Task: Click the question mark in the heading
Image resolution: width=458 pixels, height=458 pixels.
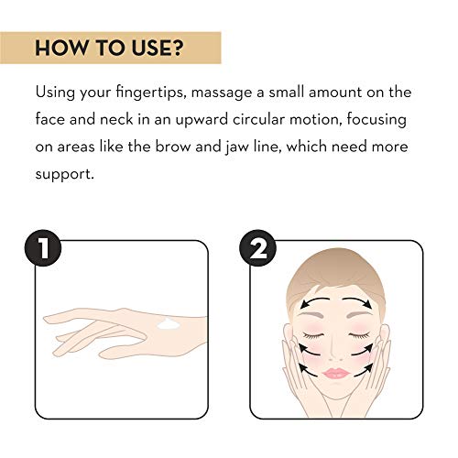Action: [x=177, y=48]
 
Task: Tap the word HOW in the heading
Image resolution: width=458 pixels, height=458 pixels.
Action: [x=61, y=48]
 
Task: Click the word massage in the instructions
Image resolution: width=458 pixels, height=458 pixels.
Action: [x=222, y=93]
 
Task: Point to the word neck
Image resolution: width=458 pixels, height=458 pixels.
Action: [x=116, y=119]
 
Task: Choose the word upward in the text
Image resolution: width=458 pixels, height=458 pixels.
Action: [x=202, y=120]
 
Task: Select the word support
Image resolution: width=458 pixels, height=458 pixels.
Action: [x=64, y=175]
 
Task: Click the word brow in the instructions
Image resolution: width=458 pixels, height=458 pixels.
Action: [x=172, y=147]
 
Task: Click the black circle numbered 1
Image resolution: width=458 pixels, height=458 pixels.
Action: [x=43, y=248]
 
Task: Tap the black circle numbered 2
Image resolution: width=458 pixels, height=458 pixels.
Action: [x=258, y=248]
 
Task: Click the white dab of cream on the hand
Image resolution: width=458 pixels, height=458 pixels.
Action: [x=168, y=323]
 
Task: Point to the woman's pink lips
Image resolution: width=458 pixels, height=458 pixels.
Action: [x=336, y=373]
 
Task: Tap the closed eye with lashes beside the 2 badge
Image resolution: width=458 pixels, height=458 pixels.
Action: [x=312, y=335]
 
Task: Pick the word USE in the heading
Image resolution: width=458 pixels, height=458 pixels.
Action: [x=151, y=48]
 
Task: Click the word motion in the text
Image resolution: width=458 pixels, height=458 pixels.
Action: [x=315, y=119]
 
